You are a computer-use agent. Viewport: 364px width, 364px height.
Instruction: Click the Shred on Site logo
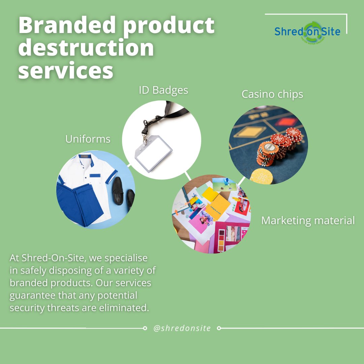pyautogui.click(x=307, y=32)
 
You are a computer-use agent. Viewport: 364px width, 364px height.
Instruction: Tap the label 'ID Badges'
pyautogui.click(x=163, y=90)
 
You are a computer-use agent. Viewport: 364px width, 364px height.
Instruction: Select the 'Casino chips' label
pyautogui.click(x=272, y=94)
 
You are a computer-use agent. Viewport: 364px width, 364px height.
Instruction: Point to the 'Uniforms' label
pyautogui.click(x=88, y=139)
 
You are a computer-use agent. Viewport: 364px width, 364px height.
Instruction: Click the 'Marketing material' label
pyautogui.click(x=308, y=220)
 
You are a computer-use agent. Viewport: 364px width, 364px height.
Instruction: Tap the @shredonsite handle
pyautogui.click(x=182, y=328)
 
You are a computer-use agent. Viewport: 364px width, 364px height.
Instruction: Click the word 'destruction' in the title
pyautogui.click(x=86, y=48)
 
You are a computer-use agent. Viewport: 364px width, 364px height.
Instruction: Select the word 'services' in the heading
pyautogui.click(x=65, y=71)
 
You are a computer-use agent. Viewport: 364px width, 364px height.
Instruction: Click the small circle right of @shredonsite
pyautogui.click(x=219, y=328)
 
